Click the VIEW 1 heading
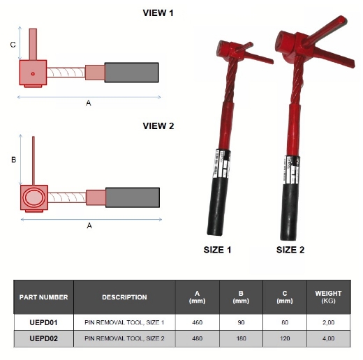(158, 13)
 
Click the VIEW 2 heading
(158, 126)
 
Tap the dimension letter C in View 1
(13, 45)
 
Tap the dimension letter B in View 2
(13, 160)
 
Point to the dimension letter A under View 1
(88, 103)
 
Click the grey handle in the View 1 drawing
(131, 72)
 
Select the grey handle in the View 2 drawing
(132, 197)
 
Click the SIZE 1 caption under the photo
(217, 249)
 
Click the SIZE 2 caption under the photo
(290, 249)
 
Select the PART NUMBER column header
(44, 297)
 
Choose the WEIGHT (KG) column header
(328, 297)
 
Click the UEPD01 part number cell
(44, 322)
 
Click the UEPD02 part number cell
(44, 338)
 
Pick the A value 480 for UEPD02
(197, 338)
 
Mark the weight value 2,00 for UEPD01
(328, 322)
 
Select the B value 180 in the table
(241, 338)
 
